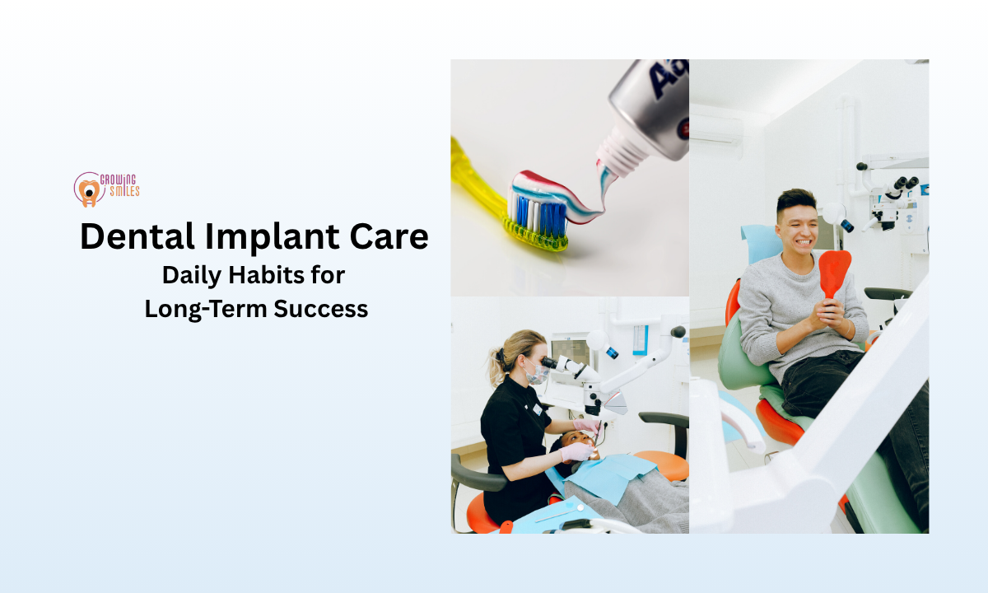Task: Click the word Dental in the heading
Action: click(137, 237)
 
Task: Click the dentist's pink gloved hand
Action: click(579, 451)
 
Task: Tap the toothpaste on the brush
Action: click(560, 194)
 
